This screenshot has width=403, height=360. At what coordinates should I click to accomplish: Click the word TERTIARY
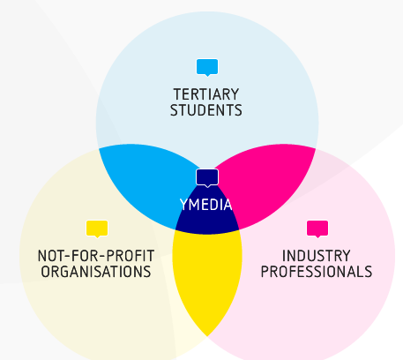tap(206, 94)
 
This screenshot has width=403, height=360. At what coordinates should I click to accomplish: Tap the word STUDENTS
tap(206, 110)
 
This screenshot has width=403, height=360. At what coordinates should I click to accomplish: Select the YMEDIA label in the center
tap(206, 205)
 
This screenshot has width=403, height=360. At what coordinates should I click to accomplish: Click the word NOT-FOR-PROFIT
tap(96, 256)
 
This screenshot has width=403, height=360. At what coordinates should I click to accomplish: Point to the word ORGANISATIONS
tap(96, 272)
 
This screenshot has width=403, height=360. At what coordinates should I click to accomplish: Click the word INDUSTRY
tap(317, 256)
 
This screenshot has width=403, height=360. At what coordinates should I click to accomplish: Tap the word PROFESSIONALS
tap(317, 272)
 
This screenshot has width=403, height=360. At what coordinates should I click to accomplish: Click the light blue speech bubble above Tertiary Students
tap(207, 67)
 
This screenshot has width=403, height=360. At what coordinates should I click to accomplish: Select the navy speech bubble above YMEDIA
tap(207, 177)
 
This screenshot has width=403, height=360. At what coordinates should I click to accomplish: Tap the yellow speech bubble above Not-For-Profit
tap(97, 229)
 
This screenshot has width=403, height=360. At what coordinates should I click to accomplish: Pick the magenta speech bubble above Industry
tap(317, 229)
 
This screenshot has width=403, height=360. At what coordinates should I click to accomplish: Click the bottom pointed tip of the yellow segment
tap(207, 336)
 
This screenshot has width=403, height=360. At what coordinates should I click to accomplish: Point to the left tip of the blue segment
tap(100, 148)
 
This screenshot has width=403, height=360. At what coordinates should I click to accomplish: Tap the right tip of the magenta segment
tap(315, 148)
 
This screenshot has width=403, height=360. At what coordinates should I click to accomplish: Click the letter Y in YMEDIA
tap(183, 205)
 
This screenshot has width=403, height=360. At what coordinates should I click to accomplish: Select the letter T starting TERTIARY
tap(177, 94)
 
